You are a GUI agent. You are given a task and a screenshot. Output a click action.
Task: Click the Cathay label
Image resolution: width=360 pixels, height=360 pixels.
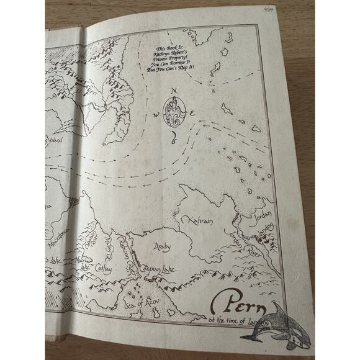(x=104, y=268)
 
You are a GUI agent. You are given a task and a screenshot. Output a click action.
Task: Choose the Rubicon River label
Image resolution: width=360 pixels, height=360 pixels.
(x=125, y=254)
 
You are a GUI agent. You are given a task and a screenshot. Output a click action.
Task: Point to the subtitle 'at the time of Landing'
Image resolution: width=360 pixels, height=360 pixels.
(x=242, y=322)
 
